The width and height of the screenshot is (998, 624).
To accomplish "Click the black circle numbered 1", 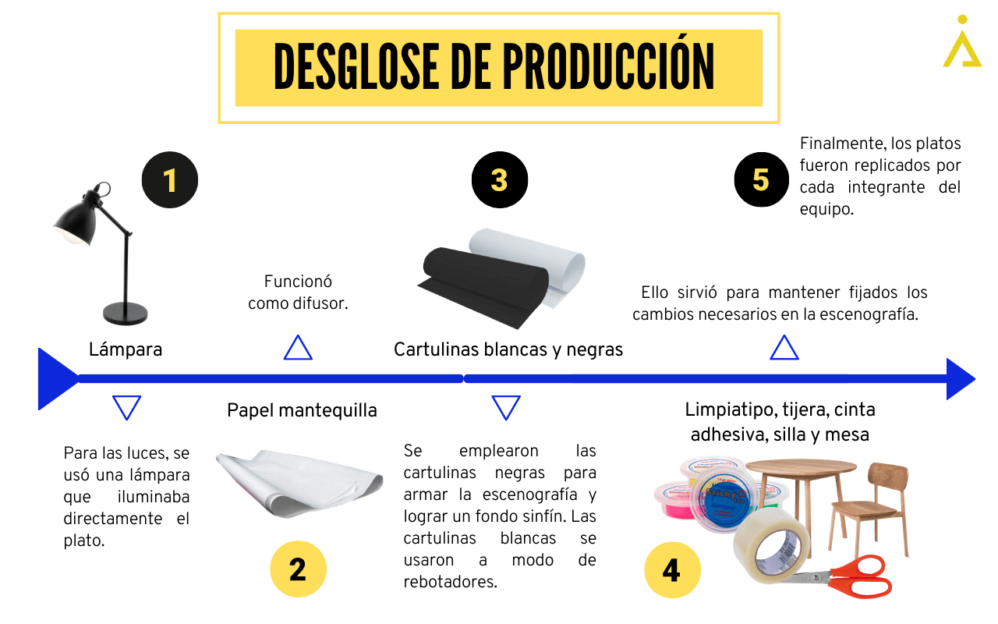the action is [170, 179].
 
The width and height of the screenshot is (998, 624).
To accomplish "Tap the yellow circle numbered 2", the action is [298, 569].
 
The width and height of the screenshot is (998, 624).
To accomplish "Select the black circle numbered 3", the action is [500, 179].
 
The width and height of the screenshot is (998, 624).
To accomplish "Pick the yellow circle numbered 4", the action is [672, 570].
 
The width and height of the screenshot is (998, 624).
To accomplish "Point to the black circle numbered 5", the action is [762, 179].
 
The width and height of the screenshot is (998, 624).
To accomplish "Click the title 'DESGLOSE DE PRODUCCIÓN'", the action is [494, 67].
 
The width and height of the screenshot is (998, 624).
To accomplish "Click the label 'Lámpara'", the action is [126, 349].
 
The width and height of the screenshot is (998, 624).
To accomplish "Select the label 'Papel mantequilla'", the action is [302, 410].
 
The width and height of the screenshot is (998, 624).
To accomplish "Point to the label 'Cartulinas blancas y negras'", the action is [508, 349].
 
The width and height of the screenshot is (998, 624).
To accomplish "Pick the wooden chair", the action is [869, 508].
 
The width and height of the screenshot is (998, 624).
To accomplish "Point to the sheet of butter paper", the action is [299, 484].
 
